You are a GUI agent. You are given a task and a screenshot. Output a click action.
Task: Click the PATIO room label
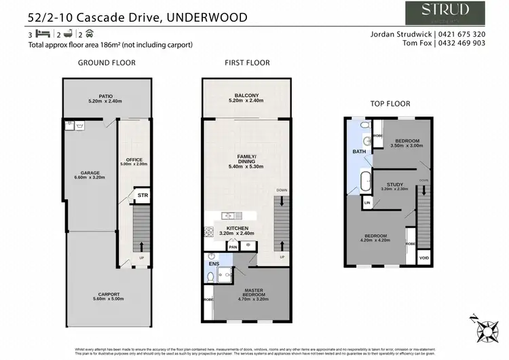(x=106, y=97)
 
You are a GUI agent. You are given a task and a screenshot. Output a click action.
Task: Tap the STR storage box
(x=143, y=196)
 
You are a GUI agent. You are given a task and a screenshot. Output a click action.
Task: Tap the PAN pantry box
(x=233, y=247)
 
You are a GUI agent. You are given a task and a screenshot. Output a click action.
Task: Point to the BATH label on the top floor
(x=358, y=151)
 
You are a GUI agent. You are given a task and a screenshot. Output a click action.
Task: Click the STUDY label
(x=394, y=185)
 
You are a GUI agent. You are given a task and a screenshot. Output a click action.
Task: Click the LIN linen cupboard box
(x=367, y=202)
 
